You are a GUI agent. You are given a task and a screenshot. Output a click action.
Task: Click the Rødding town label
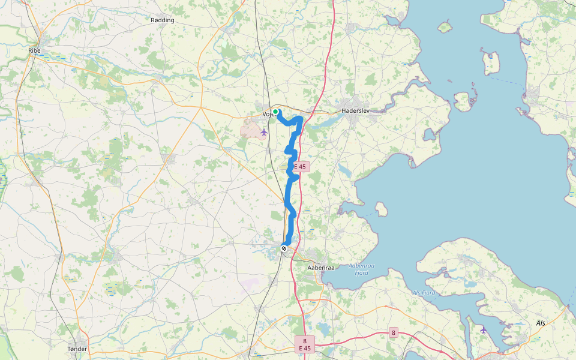point(163,20)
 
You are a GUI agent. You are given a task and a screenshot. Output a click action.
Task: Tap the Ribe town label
point(34,50)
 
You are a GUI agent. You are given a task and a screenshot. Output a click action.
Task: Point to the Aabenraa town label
point(320,267)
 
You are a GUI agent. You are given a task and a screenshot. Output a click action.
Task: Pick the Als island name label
point(541,323)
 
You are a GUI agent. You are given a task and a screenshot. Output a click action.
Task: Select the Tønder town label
point(77,349)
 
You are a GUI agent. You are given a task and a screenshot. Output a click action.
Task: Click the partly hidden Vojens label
point(267,114)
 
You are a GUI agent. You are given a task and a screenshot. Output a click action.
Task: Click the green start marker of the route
point(275,112)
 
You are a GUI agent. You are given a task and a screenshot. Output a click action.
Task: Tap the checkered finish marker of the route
point(284,248)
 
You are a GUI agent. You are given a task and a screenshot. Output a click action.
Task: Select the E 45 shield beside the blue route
point(301,167)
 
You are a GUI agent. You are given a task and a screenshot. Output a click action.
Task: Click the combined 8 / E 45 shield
point(305,344)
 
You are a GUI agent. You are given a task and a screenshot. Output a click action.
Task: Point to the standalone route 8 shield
point(394,332)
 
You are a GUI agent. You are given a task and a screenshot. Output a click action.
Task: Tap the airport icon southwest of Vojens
point(263,132)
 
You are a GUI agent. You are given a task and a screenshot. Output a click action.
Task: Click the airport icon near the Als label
point(484,329)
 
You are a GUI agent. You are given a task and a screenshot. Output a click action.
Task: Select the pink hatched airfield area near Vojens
point(251,127)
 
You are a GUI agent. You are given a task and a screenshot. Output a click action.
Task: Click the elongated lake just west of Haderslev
point(324,122)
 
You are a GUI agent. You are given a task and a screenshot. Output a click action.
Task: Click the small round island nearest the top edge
point(445,27)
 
